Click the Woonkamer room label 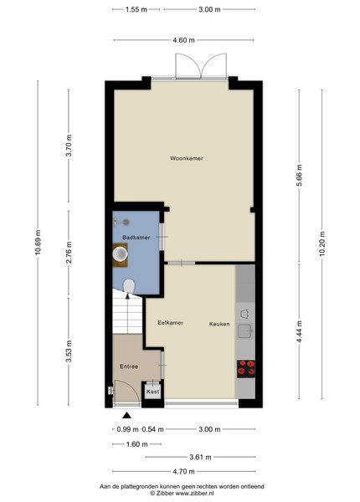pyautogui.click(x=187, y=158)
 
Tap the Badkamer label pyautogui.click(x=136, y=238)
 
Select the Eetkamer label pyautogui.click(x=171, y=323)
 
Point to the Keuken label pyautogui.click(x=219, y=324)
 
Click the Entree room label pyautogui.click(x=129, y=366)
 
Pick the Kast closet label pyautogui.click(x=152, y=392)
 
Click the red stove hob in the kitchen pyautogui.click(x=246, y=368)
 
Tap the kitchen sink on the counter pyautogui.click(x=245, y=331)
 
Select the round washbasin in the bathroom pyautogui.click(x=120, y=254)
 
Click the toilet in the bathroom pyautogui.click(x=129, y=286)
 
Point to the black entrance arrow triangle pyautogui.click(x=126, y=415)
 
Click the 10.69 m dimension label pyautogui.click(x=38, y=243)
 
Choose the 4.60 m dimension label pyautogui.click(x=183, y=40)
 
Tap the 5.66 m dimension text pyautogui.click(x=299, y=176)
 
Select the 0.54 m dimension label pyautogui.click(x=152, y=429)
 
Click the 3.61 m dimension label pyautogui.click(x=200, y=457)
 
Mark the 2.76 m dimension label pyautogui.click(x=69, y=253)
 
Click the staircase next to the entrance pyautogui.click(x=127, y=312)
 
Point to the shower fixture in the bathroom pyautogui.click(x=121, y=222)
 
